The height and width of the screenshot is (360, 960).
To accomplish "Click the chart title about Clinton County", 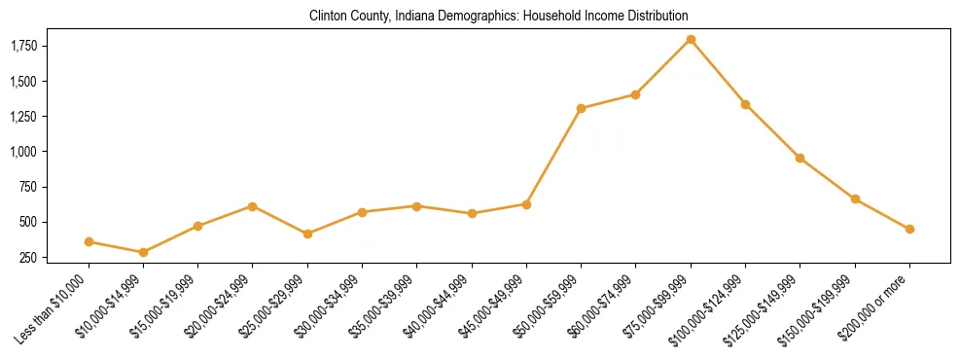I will click(x=498, y=17).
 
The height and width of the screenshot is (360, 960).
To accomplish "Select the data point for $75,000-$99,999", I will click(x=691, y=40).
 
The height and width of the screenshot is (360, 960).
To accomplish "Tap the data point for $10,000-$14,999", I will click(x=143, y=252).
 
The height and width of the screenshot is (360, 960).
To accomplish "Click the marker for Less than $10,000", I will click(x=89, y=241).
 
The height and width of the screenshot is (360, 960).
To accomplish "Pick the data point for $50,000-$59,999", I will click(x=581, y=108).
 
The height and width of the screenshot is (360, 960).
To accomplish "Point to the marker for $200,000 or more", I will click(x=909, y=229).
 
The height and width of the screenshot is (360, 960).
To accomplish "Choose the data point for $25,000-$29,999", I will click(x=307, y=234).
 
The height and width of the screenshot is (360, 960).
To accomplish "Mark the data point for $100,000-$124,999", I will click(x=745, y=104).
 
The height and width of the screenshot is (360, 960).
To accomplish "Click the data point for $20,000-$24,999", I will click(x=253, y=206).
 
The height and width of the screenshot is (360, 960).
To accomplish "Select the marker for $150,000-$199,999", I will click(x=855, y=198).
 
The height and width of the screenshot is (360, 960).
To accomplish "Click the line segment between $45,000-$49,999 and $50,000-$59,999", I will click(x=553, y=156).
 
